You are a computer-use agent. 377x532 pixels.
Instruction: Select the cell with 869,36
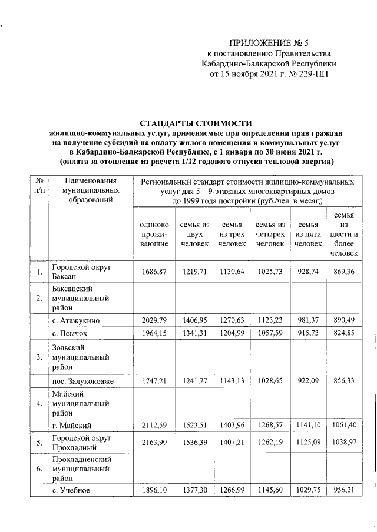pyautogui.click(x=344, y=272)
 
